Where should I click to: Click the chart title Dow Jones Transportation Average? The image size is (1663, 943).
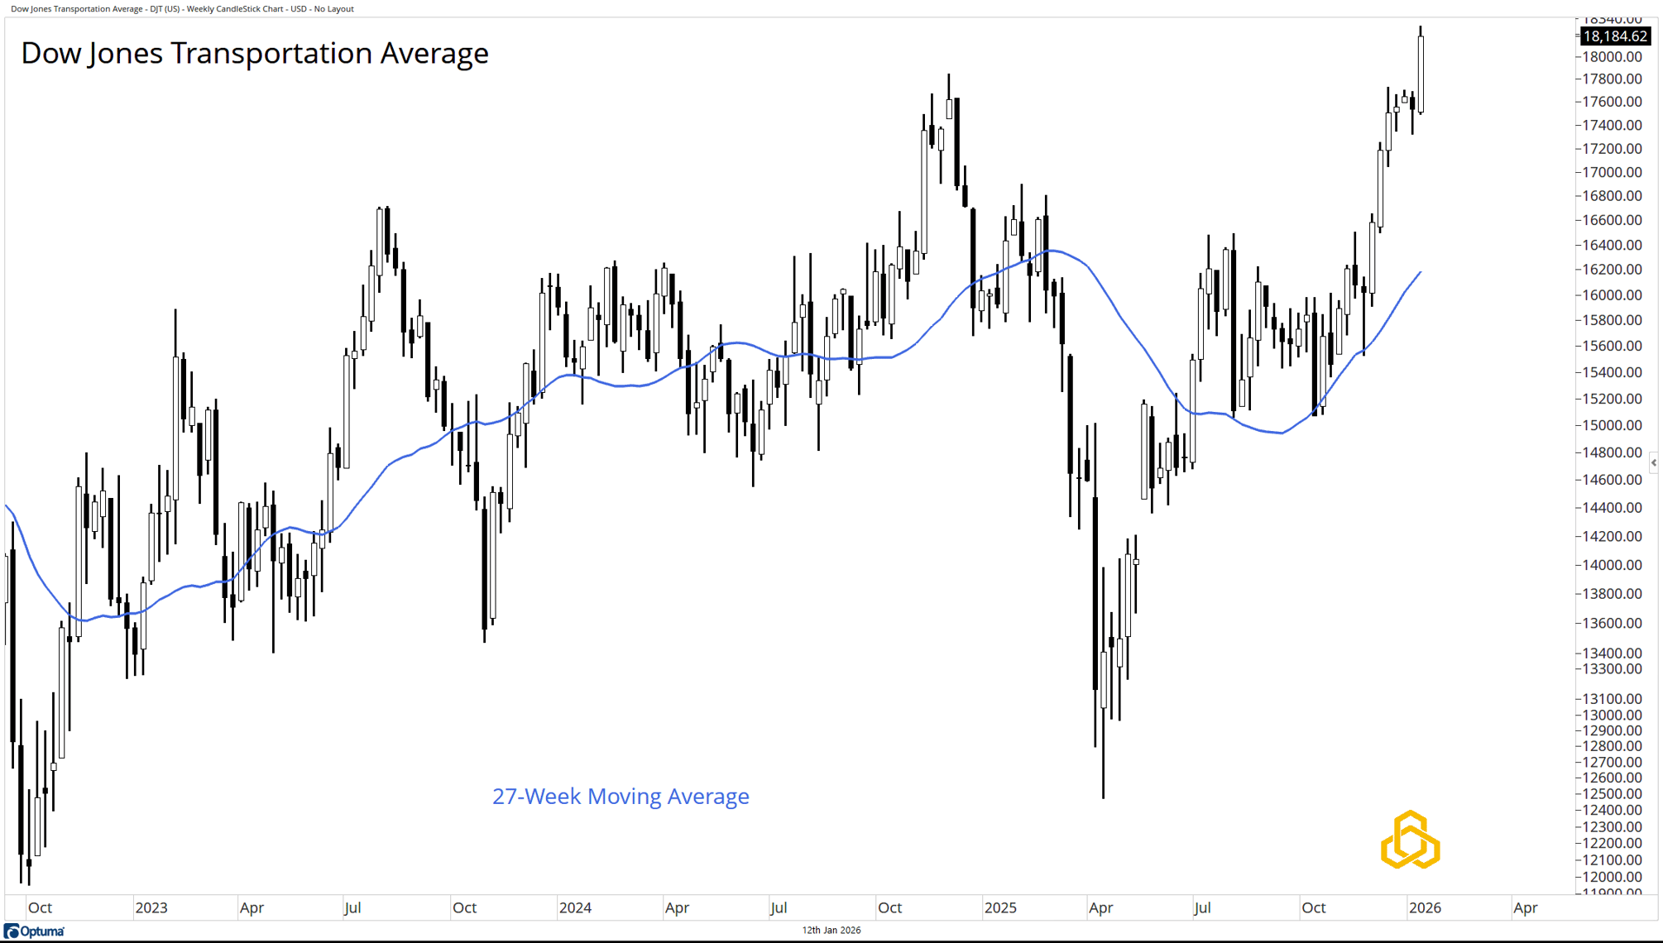[255, 53]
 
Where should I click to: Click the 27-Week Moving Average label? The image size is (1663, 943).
[621, 796]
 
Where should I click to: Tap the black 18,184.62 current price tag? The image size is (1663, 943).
[1614, 36]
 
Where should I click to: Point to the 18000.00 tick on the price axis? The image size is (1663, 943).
[1612, 57]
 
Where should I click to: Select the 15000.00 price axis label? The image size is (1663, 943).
[1612, 425]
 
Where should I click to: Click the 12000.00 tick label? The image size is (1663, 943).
[1612, 877]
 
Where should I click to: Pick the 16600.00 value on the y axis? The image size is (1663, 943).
[1612, 220]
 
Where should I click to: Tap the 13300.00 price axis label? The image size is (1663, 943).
[1612, 669]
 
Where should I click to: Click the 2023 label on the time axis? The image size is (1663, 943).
[151, 907]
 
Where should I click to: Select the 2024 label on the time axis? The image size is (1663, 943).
[575, 907]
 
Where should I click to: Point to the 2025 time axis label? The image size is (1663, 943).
[1000, 907]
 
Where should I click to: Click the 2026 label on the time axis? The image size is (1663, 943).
[1425, 907]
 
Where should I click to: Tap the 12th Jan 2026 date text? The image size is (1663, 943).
[831, 930]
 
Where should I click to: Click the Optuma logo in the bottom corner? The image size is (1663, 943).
[34, 931]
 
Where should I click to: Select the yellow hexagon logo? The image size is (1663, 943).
[1411, 840]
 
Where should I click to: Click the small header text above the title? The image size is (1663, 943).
[182, 9]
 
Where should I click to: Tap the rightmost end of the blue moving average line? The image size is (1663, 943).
[1421, 272]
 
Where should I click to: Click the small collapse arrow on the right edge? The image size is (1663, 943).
[1653, 462]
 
